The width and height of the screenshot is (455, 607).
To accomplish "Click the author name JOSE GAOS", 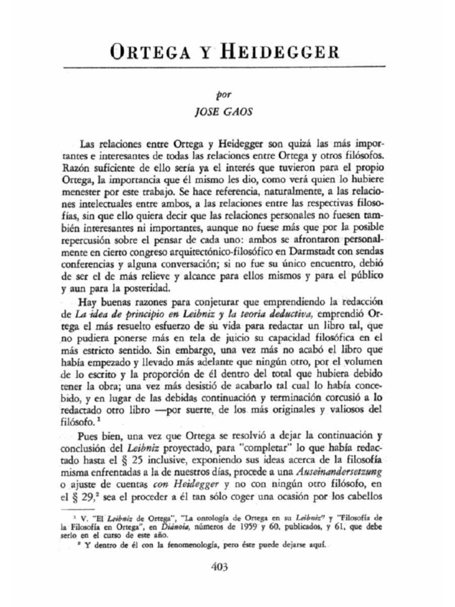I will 227,112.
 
